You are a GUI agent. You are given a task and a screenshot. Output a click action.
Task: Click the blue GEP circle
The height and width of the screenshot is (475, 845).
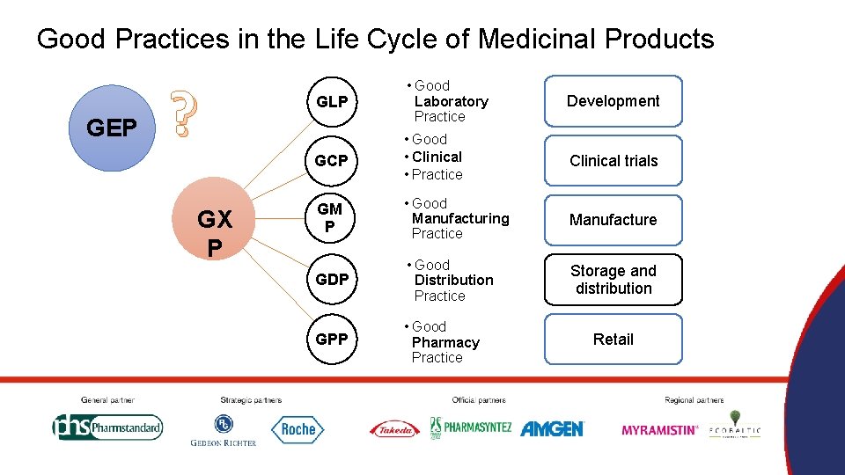click(111, 128)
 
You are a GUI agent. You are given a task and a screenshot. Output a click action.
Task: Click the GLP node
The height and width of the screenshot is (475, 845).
click(332, 102)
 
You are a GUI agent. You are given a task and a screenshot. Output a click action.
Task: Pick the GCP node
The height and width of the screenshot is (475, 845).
click(332, 161)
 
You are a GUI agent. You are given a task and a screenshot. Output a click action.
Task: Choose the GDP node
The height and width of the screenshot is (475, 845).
click(332, 280)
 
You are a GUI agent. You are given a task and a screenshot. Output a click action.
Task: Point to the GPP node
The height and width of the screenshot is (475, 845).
click(332, 339)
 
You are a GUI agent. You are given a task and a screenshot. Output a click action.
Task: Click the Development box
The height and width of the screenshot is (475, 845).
click(613, 101)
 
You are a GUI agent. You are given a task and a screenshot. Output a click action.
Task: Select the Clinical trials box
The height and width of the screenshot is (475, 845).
click(613, 161)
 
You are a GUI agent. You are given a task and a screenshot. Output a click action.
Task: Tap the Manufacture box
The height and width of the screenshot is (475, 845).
click(613, 220)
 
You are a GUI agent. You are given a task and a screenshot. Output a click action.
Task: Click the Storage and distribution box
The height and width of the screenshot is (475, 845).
click(613, 280)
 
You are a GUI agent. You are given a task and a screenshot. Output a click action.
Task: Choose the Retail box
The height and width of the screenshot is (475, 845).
click(613, 339)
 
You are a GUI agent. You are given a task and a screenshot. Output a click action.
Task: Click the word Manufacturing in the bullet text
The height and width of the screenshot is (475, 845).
click(460, 218)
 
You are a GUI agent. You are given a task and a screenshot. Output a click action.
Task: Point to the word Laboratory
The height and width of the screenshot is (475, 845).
click(451, 101)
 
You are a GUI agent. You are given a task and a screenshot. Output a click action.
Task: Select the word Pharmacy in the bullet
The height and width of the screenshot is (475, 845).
click(445, 342)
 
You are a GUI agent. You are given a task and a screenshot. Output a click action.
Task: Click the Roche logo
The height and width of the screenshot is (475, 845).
click(298, 429)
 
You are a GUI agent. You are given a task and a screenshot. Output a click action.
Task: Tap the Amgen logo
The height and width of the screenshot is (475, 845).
click(552, 429)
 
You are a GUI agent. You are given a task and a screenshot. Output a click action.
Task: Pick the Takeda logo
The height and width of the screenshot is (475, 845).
click(394, 429)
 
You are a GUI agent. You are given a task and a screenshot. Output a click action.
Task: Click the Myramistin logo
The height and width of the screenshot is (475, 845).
click(659, 430)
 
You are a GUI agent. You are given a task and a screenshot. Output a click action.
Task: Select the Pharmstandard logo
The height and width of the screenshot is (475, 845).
click(107, 428)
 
